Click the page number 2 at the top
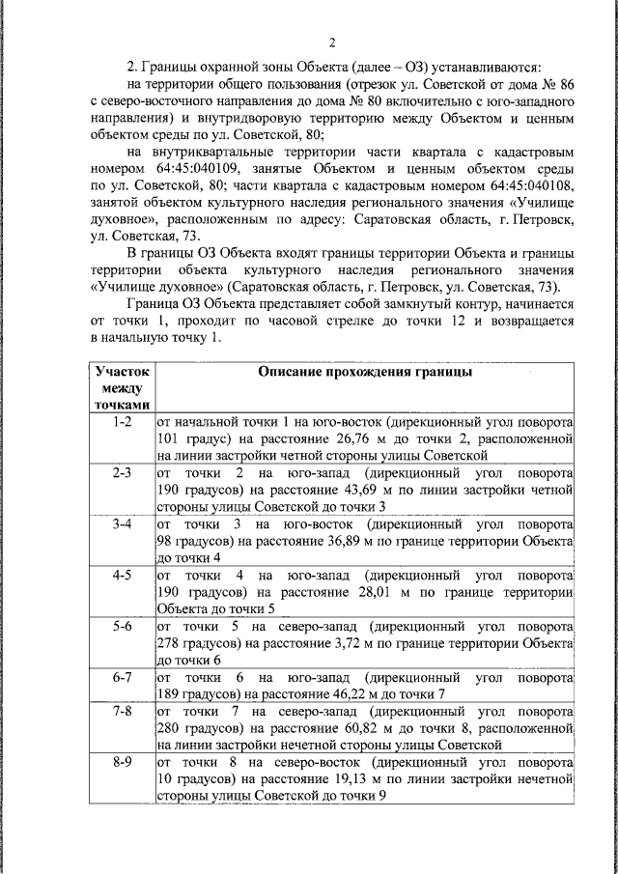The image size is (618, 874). pos(331,42)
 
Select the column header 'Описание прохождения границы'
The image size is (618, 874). pos(364,372)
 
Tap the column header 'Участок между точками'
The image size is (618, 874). pos(121,387)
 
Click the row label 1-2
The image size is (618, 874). pos(121,422)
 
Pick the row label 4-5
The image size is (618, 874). pos(121,575)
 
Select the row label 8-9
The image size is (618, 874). pos(121,762)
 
